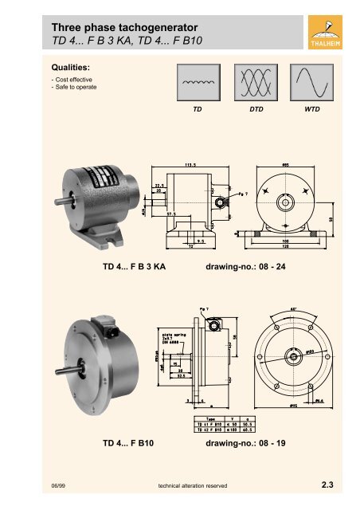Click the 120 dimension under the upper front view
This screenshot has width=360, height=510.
click(286, 245)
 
